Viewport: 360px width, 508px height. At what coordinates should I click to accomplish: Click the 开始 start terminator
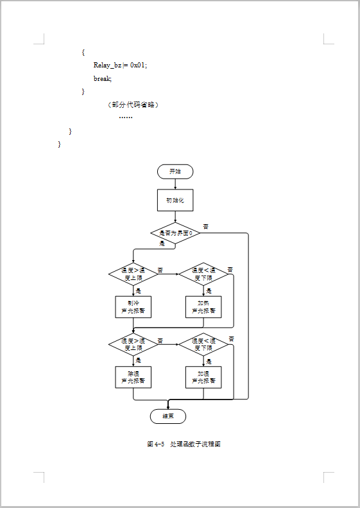[x=175, y=171]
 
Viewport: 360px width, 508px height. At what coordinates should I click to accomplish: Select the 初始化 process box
[x=175, y=200]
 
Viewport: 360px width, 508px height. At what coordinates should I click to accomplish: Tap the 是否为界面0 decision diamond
[x=175, y=233]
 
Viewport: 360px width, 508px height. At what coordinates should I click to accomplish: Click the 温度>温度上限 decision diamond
[x=133, y=274]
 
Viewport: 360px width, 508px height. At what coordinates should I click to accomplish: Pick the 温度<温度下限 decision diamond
[x=203, y=274]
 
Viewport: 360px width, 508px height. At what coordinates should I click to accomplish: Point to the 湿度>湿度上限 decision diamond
[x=133, y=344]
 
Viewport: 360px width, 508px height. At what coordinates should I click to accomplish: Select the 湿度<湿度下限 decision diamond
[x=203, y=344]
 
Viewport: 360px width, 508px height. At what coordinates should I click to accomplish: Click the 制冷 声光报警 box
[x=133, y=306]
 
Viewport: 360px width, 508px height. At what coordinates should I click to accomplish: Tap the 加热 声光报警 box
[x=203, y=306]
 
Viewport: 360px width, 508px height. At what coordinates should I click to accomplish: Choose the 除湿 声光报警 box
[x=133, y=377]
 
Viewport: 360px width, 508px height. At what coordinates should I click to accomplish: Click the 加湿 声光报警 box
[x=203, y=377]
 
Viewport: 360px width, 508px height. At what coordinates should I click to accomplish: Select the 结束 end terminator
[x=168, y=416]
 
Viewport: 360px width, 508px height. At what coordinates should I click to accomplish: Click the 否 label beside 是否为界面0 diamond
[x=206, y=226]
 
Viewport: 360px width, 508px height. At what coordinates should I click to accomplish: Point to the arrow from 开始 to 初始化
[x=175, y=184]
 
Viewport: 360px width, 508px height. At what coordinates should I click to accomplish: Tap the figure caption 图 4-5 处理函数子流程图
[x=184, y=444]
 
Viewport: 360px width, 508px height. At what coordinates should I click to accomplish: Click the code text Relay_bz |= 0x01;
[x=121, y=65]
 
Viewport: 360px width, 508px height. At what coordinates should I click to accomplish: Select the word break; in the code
[x=103, y=78]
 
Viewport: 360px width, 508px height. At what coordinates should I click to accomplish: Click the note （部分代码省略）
[x=133, y=105]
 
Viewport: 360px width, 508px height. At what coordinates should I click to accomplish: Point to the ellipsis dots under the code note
[x=126, y=118]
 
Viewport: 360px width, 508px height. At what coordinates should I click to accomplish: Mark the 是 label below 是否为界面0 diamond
[x=162, y=244]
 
